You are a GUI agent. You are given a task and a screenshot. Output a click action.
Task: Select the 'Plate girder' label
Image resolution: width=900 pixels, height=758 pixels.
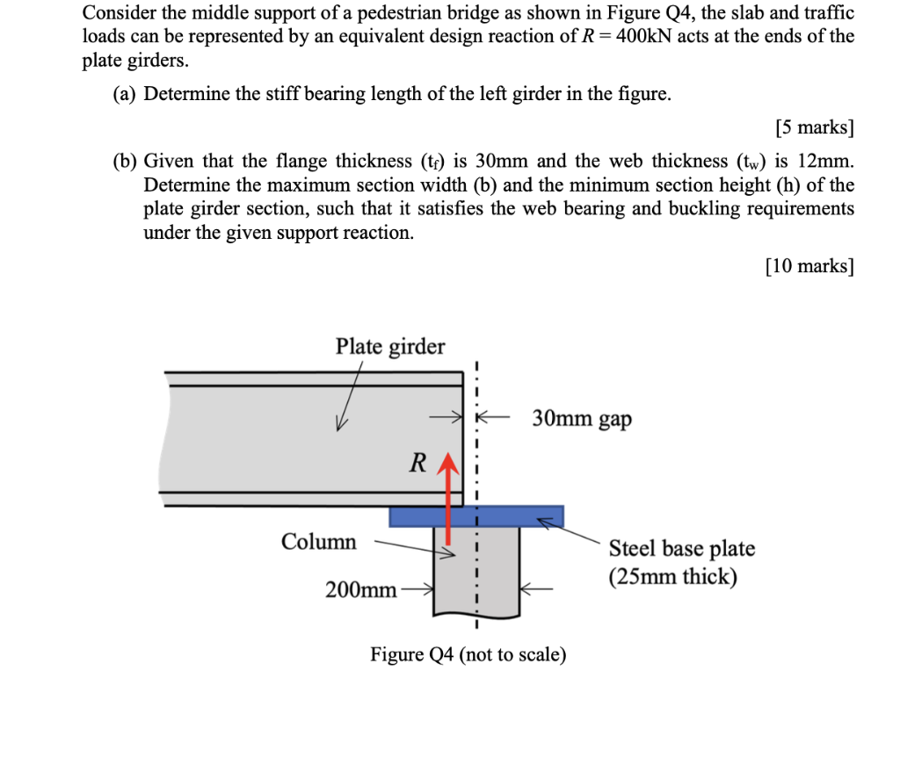click(390, 347)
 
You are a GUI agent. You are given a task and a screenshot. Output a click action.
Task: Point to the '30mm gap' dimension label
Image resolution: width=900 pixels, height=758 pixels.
click(582, 419)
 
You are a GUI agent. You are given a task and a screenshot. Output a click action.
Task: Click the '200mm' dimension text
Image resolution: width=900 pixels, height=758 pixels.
click(360, 589)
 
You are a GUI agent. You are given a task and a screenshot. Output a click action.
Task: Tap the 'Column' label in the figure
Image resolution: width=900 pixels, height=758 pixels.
click(319, 542)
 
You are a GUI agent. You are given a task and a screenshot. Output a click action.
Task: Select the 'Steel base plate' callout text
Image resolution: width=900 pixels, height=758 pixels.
click(682, 549)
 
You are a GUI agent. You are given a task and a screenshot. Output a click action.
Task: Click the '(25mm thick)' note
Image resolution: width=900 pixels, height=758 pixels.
click(673, 578)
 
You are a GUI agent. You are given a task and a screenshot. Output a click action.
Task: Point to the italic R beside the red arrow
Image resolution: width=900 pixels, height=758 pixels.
click(419, 462)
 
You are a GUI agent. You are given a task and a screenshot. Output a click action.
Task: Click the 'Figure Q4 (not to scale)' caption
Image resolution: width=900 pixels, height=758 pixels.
click(468, 654)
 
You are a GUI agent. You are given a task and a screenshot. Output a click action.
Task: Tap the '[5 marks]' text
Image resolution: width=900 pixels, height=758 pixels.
click(815, 127)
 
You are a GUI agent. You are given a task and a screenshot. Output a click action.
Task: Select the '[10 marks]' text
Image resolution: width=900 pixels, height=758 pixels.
click(809, 266)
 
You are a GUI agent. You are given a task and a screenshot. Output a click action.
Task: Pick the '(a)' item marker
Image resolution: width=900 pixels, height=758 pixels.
click(125, 94)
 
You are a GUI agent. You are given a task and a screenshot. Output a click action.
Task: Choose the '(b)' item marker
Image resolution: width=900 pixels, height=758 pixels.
click(125, 161)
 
